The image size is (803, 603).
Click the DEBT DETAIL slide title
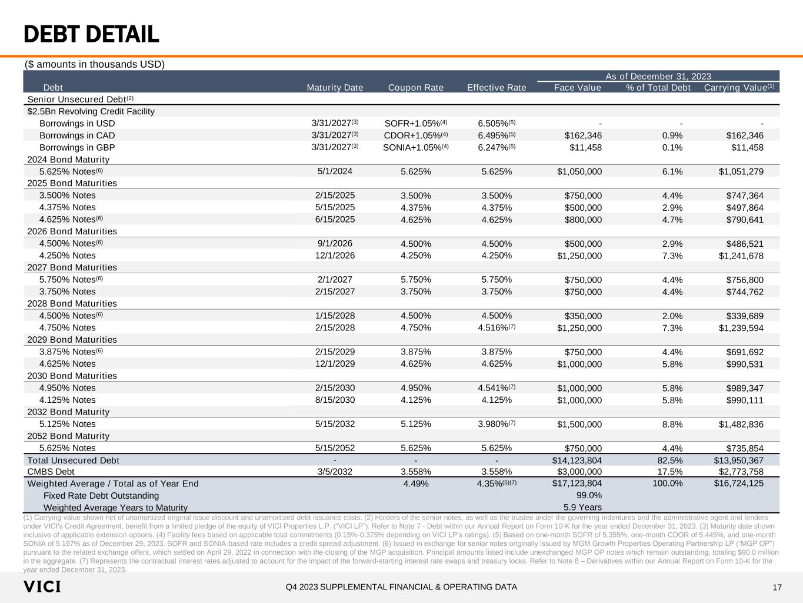coord(91,35)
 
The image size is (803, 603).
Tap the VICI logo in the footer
coord(42,587)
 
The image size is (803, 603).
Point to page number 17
coord(777,587)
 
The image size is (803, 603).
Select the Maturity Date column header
coord(335,88)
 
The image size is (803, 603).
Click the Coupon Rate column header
coord(415,88)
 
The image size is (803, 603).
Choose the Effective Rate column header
coord(497,88)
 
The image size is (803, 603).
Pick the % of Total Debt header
coord(658,88)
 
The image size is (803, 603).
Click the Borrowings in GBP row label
coord(77,148)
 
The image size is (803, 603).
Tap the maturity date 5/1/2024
coord(335,171)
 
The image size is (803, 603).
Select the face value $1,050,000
coord(579,172)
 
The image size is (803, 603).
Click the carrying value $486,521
coord(745,244)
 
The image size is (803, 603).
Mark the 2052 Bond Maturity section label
coord(68,436)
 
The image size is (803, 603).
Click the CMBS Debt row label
coord(51,472)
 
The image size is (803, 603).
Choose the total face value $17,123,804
coord(577,483)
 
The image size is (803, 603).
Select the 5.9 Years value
coord(582,507)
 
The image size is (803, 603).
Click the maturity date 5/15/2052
coord(335,448)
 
